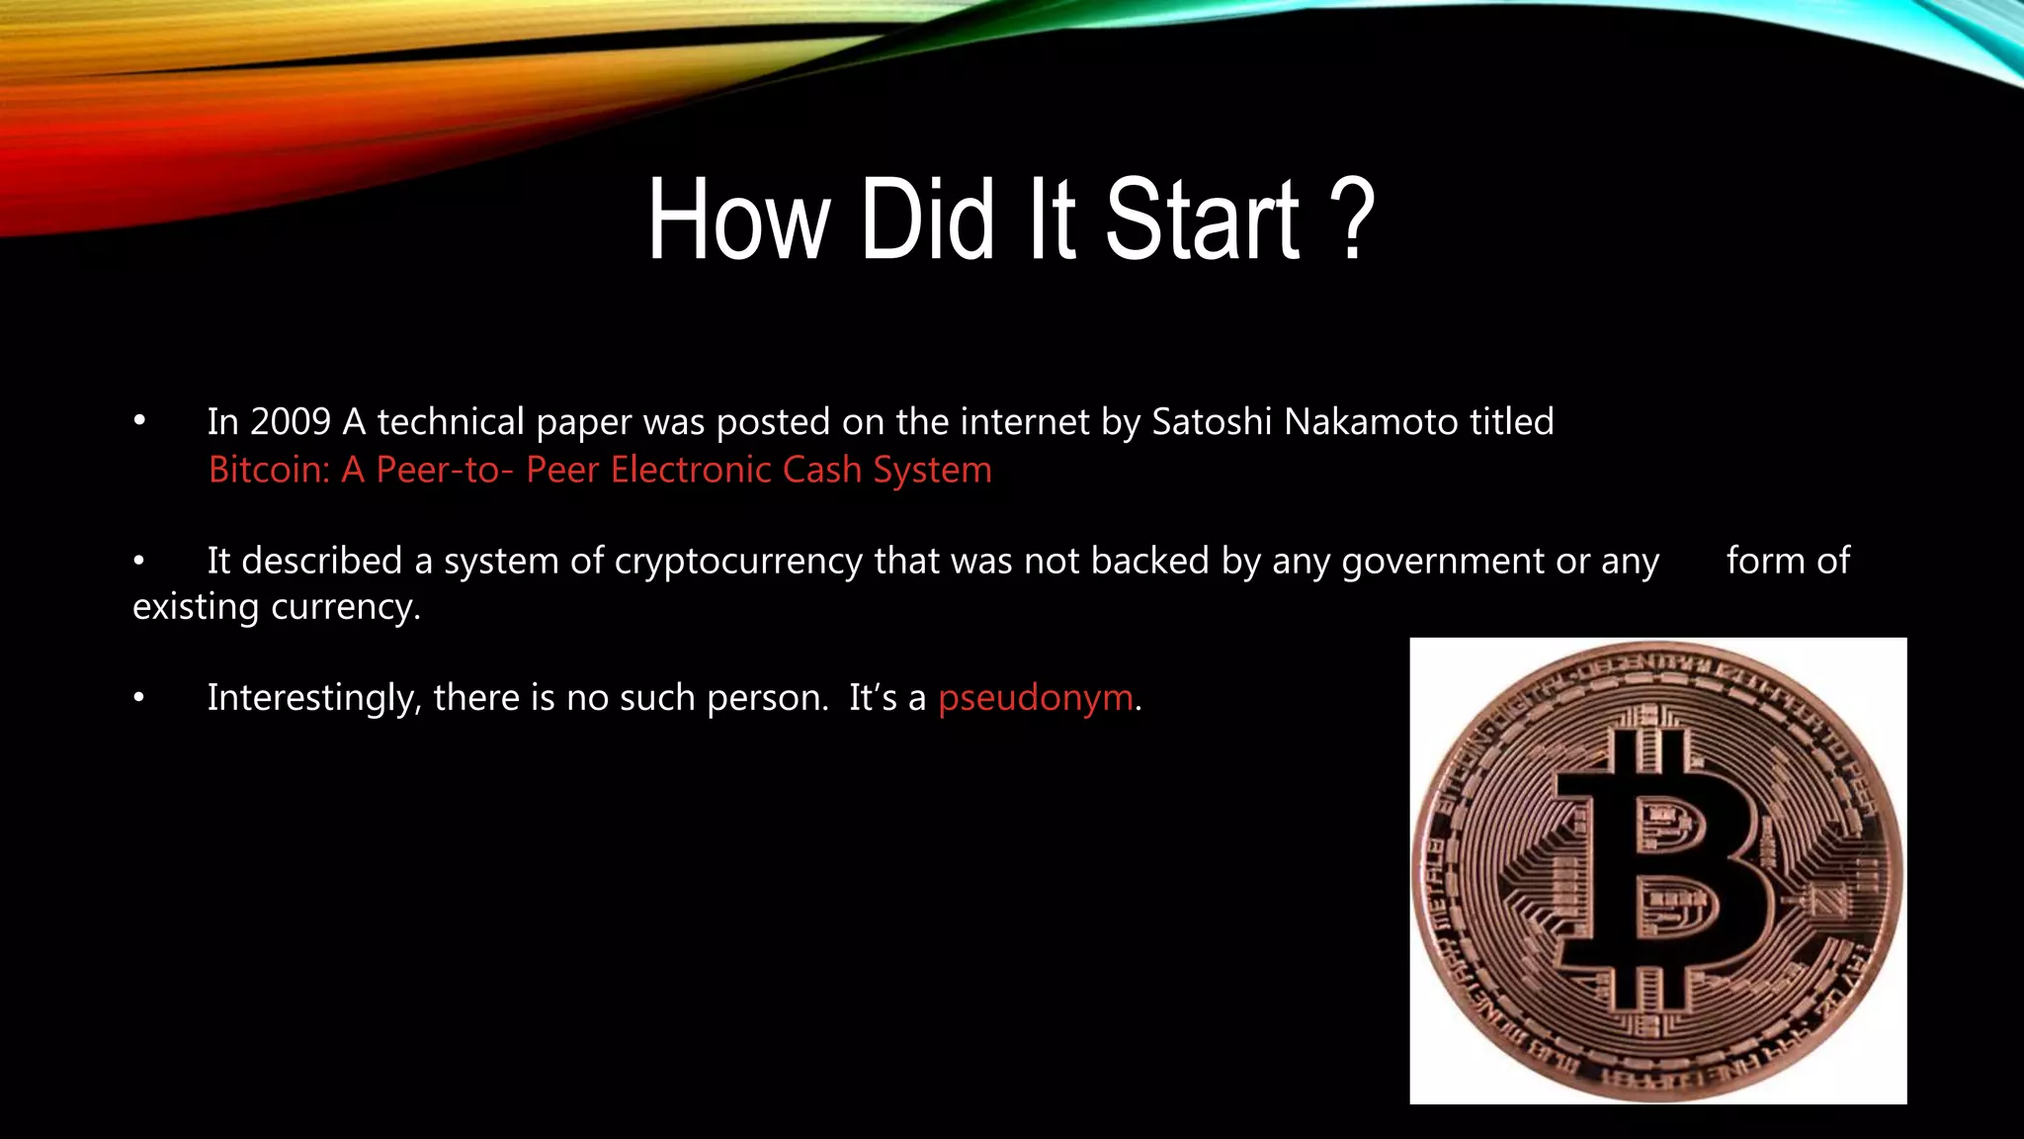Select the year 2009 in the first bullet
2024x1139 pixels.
[290, 422]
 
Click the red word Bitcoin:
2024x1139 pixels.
[269, 470]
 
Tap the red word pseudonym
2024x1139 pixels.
[1035, 699]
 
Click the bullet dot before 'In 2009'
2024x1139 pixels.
[139, 422]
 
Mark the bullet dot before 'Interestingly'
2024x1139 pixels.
[139, 699]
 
